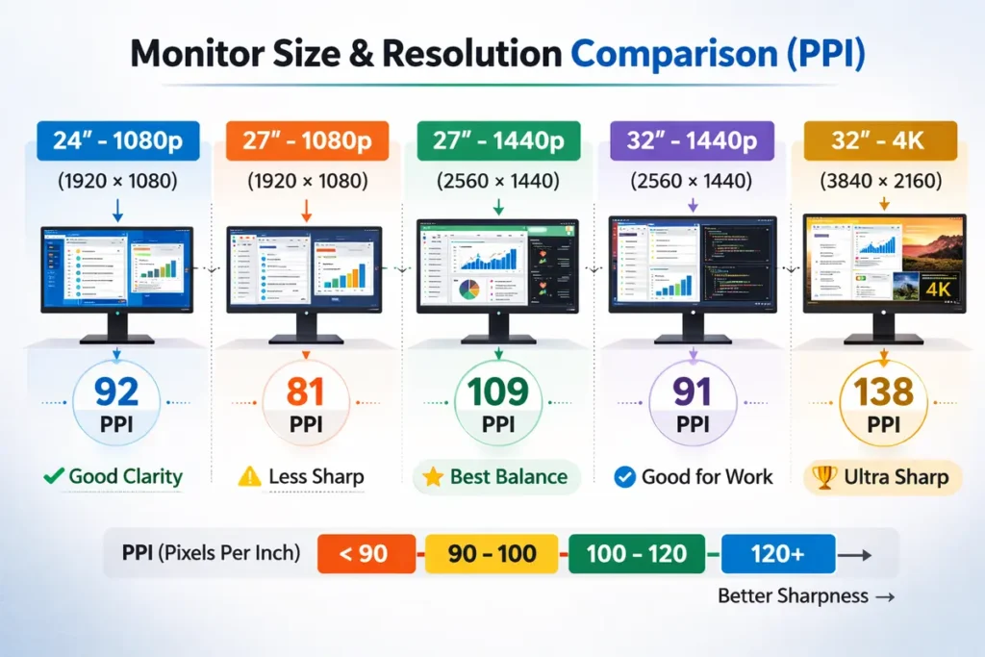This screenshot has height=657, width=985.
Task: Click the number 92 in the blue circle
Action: [117, 392]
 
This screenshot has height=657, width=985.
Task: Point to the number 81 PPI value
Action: [305, 392]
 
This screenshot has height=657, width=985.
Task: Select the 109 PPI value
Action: [497, 392]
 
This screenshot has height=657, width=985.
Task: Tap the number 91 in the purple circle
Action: [692, 392]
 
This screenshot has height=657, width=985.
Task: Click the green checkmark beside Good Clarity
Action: [54, 475]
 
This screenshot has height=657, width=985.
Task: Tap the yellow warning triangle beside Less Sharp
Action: [249, 476]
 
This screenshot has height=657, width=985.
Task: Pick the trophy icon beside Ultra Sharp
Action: [822, 476]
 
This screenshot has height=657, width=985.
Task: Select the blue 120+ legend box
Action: [777, 554]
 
